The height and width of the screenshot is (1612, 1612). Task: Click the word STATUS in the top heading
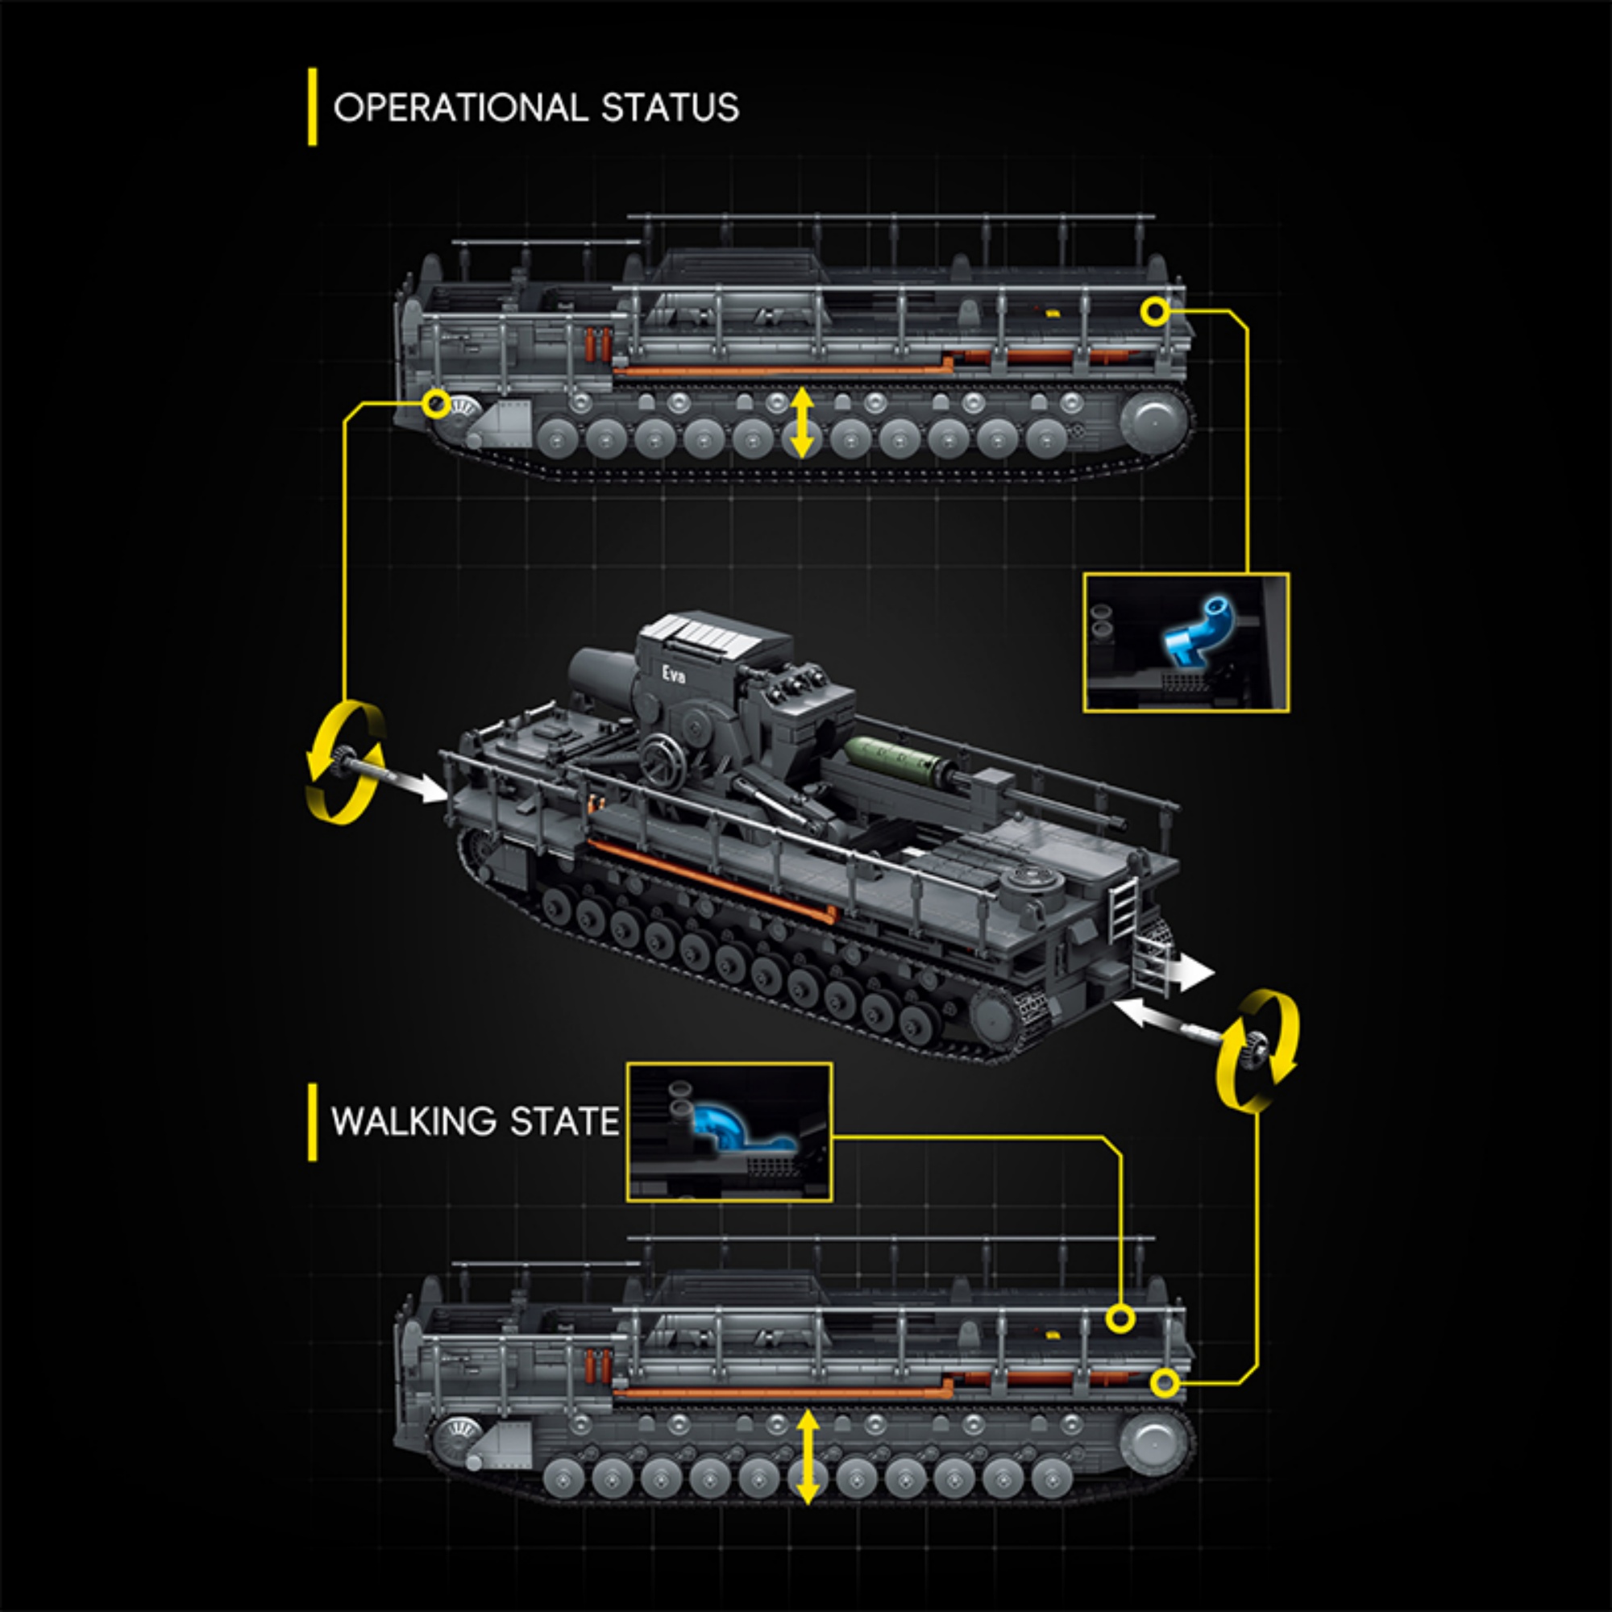pyautogui.click(x=670, y=109)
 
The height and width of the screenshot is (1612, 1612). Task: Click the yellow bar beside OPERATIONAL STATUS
pyautogui.click(x=312, y=107)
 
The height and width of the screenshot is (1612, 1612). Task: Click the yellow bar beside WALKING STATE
pyautogui.click(x=312, y=1122)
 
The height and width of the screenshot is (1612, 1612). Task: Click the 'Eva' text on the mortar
pyautogui.click(x=673, y=674)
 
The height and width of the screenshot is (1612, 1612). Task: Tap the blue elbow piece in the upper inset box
pyautogui.click(x=1199, y=634)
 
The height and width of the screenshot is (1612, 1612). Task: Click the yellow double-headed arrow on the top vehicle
pyautogui.click(x=802, y=422)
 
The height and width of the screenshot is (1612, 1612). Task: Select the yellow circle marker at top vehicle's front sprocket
pyautogui.click(x=435, y=405)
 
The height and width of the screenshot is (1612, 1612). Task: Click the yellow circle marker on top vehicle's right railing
pyautogui.click(x=1156, y=312)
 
